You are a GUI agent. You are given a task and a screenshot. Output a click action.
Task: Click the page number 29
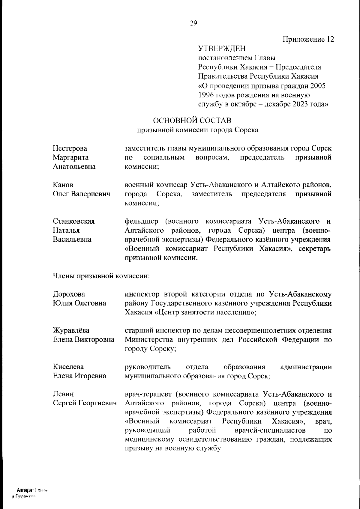[193, 23]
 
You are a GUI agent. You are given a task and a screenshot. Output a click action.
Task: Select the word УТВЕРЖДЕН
[222, 49]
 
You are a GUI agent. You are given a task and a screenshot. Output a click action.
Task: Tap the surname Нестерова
[70, 148]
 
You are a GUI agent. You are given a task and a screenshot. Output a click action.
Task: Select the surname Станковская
[74, 221]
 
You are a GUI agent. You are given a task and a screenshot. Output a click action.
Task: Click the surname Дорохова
[69, 294]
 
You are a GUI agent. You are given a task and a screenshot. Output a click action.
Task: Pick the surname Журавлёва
[71, 330]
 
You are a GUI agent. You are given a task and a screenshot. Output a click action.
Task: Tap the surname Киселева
[68, 367]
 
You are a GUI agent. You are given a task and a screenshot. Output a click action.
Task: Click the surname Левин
[63, 394]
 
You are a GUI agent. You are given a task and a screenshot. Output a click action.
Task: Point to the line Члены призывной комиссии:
[101, 276]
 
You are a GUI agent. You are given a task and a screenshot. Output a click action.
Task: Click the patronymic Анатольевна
[74, 167]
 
